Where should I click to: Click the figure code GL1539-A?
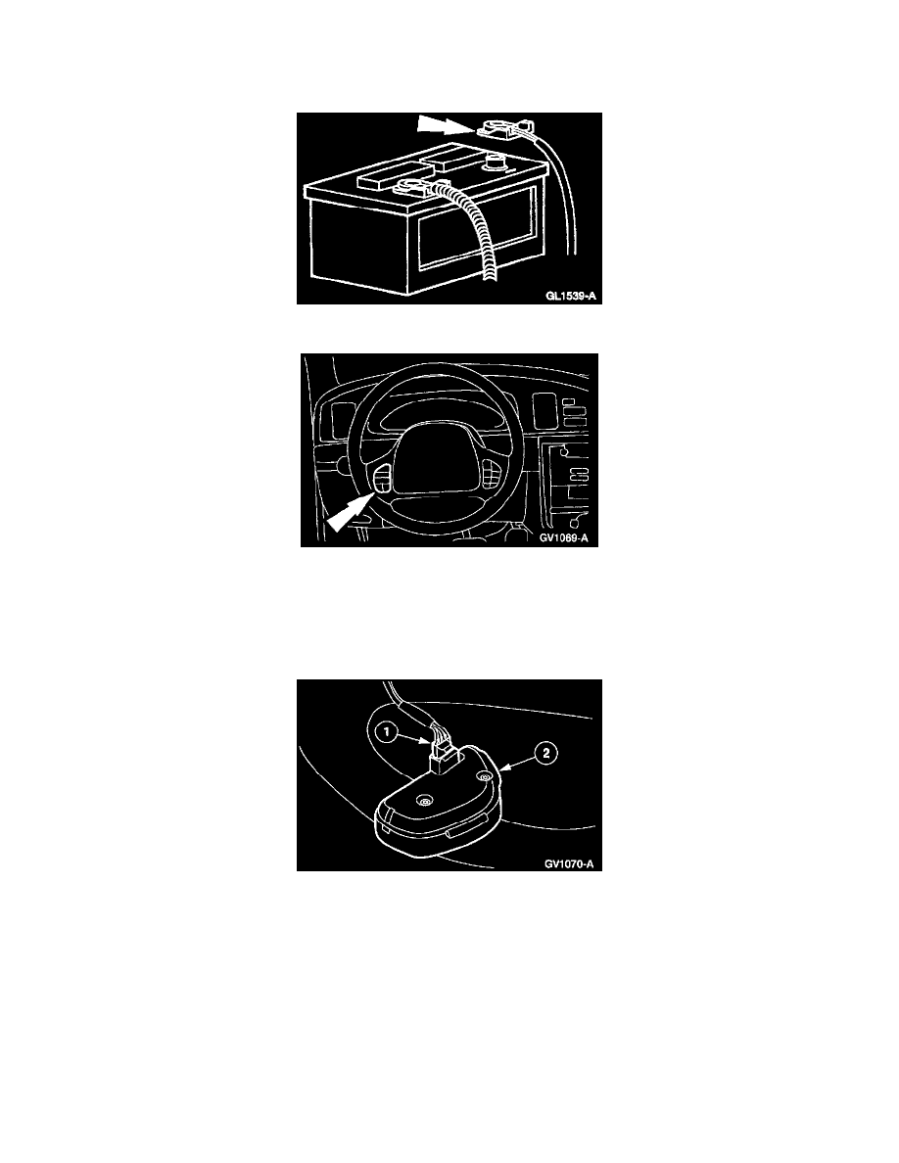click(570, 296)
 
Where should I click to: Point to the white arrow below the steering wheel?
click(348, 513)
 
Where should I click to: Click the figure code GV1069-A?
click(564, 538)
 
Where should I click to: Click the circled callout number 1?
click(387, 733)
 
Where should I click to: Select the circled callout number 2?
click(545, 754)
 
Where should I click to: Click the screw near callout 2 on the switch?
click(484, 776)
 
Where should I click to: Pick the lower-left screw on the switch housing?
click(423, 802)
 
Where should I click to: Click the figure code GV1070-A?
click(569, 863)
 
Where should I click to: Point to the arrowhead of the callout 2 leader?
click(503, 769)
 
